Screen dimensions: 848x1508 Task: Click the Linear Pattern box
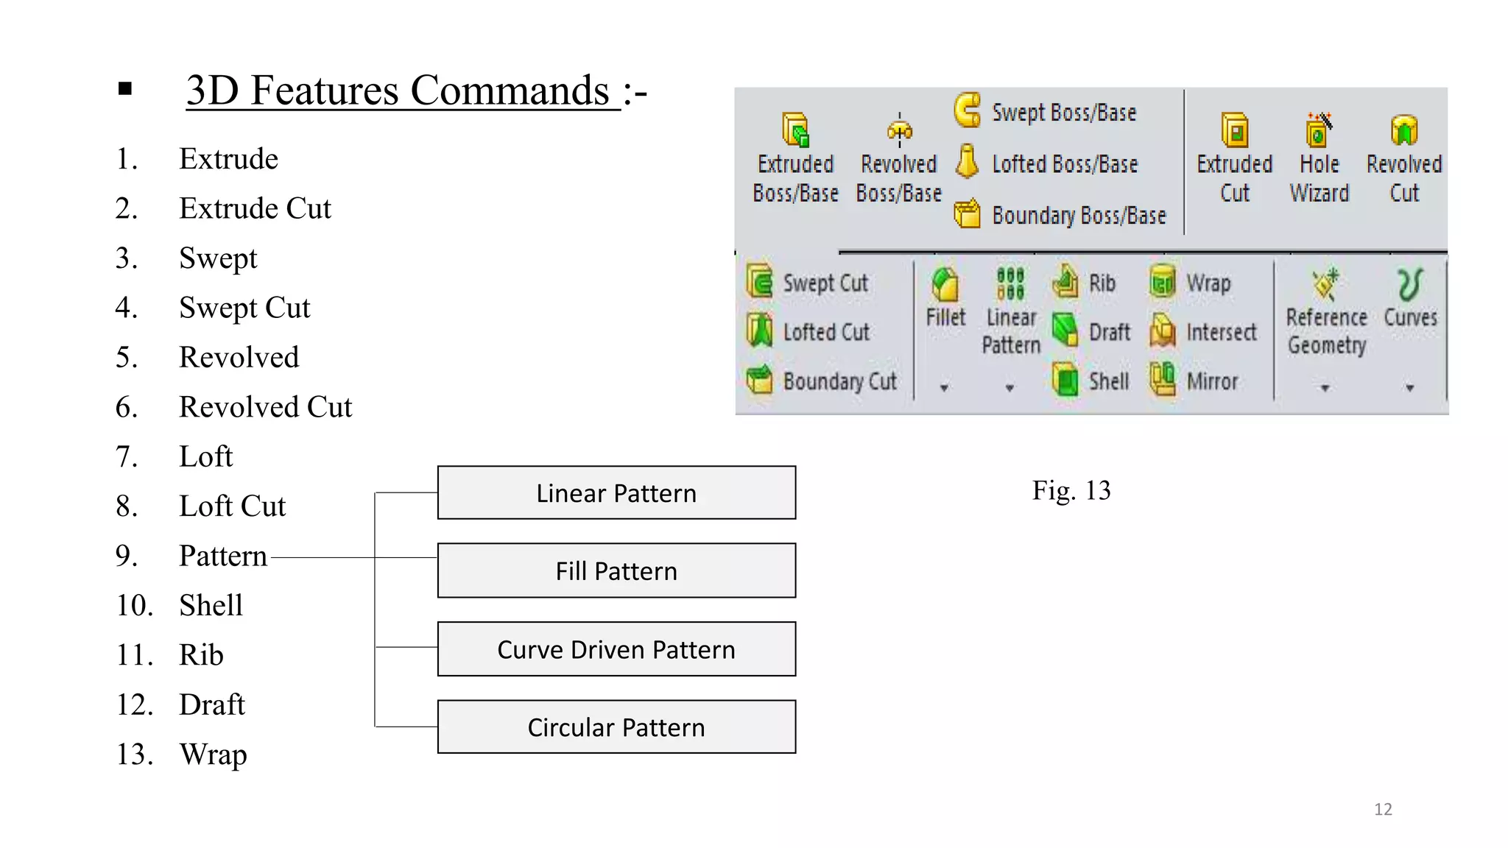click(616, 492)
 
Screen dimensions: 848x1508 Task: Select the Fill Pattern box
click(616, 570)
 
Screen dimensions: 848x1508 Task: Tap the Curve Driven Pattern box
click(616, 649)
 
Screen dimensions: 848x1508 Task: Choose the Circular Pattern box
click(616, 727)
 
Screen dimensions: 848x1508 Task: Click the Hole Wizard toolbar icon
click(1318, 131)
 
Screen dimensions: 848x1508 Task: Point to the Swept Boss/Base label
click(1063, 113)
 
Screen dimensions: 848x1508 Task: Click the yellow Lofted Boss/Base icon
click(967, 162)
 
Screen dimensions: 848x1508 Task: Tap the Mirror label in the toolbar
click(1212, 381)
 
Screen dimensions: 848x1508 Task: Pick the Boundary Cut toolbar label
click(839, 381)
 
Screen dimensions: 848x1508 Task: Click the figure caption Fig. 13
click(1071, 490)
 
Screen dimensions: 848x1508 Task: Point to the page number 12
click(1383, 809)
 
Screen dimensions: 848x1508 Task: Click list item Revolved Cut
click(265, 407)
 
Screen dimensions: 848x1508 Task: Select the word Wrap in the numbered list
click(213, 755)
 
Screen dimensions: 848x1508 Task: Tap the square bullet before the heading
click(125, 90)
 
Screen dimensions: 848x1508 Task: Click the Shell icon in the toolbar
click(1065, 381)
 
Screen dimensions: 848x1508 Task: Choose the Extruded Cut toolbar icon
click(1235, 131)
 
